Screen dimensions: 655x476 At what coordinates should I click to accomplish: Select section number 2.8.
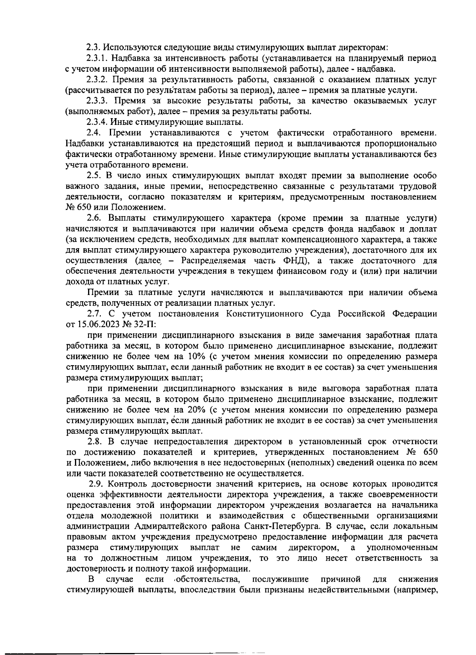tap(95, 441)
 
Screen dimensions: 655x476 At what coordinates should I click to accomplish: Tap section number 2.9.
tap(96, 484)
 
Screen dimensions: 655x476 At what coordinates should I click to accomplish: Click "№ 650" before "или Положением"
tap(78, 207)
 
